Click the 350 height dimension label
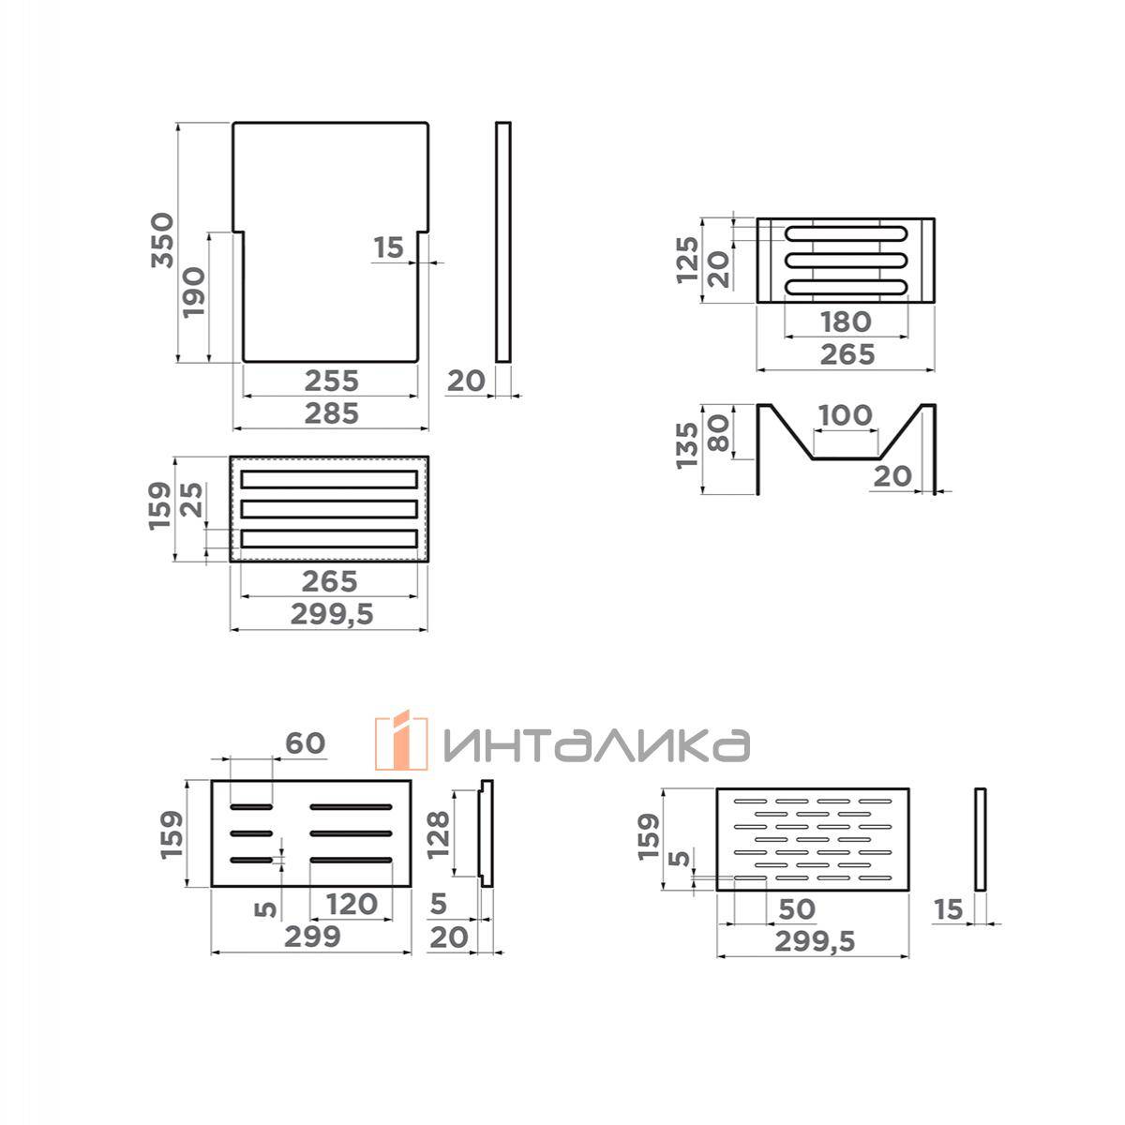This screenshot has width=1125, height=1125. point(162,241)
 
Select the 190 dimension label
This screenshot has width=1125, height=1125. point(194,292)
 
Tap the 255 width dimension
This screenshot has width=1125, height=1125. point(332,382)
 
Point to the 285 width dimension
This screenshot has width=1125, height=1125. point(332,414)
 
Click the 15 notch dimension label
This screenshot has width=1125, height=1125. point(389,247)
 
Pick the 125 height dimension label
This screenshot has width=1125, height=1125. point(687,261)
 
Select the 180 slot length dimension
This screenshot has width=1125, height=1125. point(846,322)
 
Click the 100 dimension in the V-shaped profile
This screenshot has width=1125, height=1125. point(846,415)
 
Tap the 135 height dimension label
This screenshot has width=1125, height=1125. point(687,446)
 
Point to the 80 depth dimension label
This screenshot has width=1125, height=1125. point(719,433)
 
